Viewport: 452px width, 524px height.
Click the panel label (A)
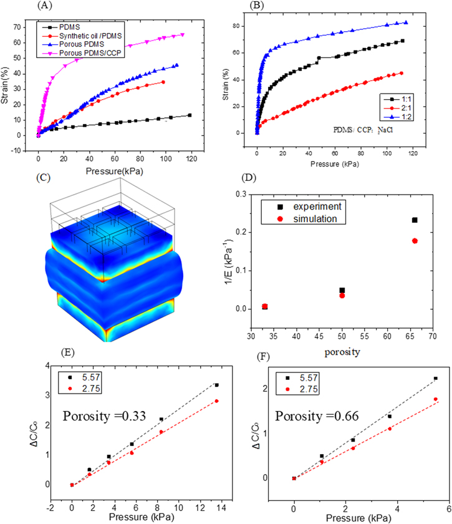44,6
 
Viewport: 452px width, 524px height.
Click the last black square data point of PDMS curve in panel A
189,115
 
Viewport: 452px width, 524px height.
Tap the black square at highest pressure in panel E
216,385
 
